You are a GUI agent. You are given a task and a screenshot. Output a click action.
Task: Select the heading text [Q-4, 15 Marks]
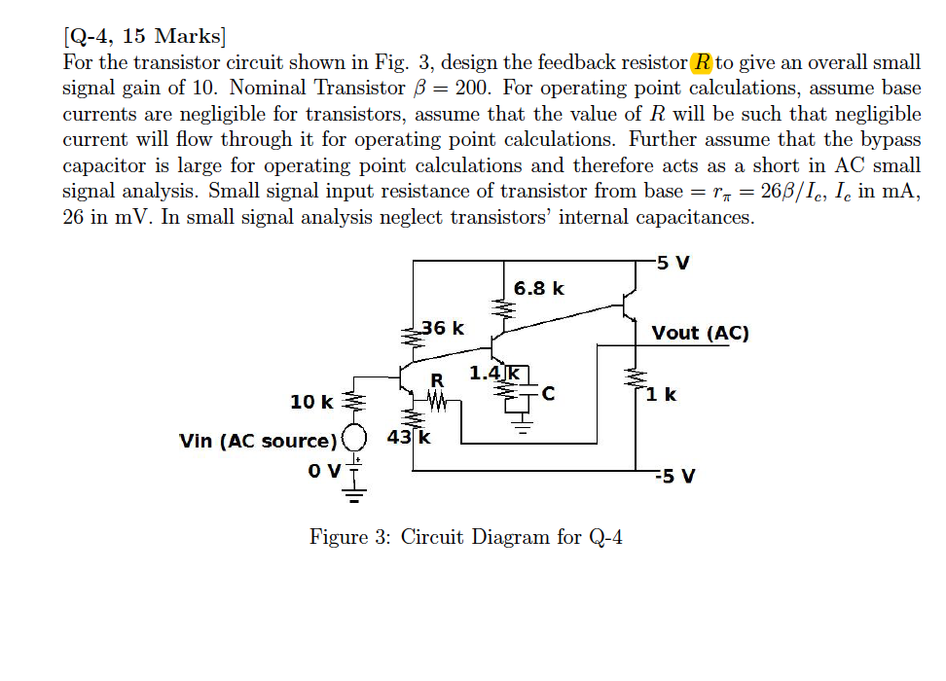coord(144,38)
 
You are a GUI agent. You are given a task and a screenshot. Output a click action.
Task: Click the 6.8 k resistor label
coord(538,288)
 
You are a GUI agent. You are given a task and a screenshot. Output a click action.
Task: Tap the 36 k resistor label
coord(443,328)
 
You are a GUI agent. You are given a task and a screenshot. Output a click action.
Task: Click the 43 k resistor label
coord(410,437)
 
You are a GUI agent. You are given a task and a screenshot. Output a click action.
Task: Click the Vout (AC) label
coord(700,333)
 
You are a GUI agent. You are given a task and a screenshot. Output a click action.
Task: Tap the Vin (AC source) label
coord(258,441)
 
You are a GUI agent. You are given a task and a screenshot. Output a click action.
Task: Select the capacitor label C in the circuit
coord(548,394)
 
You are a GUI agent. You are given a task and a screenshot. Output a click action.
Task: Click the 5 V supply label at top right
coord(675,263)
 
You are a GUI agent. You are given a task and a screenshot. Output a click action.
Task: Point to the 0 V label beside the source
coord(322,471)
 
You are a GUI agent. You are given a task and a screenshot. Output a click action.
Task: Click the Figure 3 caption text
coord(465,537)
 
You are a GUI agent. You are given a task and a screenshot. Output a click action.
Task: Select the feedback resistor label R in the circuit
coord(437,379)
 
